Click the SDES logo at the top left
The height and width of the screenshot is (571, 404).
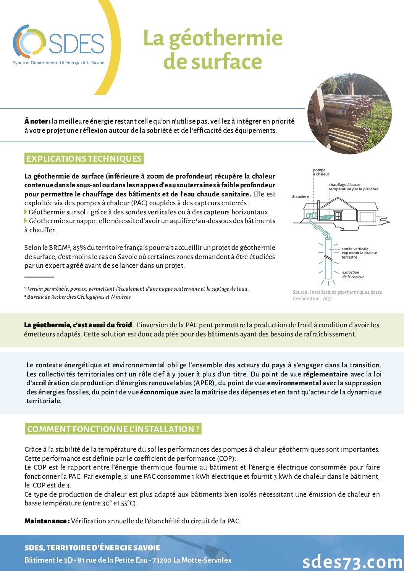[58, 44]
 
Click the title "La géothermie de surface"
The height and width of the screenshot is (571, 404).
[213, 50]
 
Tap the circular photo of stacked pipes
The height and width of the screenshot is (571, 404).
[349, 114]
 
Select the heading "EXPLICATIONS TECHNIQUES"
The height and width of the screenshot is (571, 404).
[84, 159]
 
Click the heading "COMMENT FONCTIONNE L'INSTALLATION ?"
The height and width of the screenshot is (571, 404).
[113, 429]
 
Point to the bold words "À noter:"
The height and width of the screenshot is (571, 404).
[37, 121]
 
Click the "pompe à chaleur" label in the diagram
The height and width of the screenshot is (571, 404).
[321, 172]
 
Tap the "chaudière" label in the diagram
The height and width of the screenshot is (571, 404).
[300, 196]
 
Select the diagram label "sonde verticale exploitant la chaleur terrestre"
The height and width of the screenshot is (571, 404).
[359, 253]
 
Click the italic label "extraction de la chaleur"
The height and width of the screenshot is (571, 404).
[353, 275]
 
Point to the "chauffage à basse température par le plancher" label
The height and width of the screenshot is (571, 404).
[353, 187]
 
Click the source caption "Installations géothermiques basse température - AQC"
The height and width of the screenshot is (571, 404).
[337, 295]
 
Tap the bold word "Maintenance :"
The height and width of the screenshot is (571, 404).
[47, 521]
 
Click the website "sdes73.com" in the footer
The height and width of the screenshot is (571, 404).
[352, 561]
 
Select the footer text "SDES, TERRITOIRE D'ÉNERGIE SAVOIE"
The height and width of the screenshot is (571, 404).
[92, 548]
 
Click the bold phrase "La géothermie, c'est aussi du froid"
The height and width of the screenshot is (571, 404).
[78, 325]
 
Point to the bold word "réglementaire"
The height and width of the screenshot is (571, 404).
[325, 374]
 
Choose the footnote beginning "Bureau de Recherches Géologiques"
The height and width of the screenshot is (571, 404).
[79, 297]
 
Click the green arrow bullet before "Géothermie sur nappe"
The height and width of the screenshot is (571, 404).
[26, 221]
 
